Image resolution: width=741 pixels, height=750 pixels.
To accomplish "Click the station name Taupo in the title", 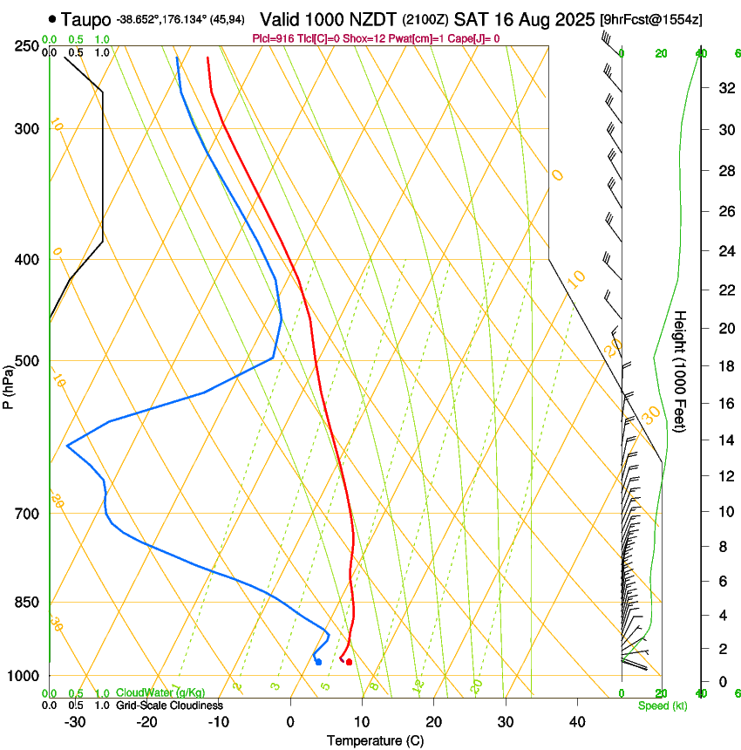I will [87, 18].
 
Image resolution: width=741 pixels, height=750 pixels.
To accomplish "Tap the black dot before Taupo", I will [54, 18].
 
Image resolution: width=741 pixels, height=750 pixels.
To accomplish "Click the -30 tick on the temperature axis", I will [75, 722].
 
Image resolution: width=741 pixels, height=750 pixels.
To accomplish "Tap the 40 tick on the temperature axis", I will [576, 722].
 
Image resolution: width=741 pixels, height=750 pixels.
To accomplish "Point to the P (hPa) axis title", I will [9, 385].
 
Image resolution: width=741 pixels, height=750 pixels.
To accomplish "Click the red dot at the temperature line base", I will [349, 662].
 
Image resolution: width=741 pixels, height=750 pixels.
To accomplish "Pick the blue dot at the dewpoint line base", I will [318, 662].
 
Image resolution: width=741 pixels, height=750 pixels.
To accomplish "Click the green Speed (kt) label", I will [662, 706].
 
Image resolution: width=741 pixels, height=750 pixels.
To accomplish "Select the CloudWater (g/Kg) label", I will [160, 693].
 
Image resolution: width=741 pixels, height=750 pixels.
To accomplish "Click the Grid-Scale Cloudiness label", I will [169, 706].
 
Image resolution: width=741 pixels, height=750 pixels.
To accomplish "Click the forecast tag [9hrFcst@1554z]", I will [652, 18].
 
